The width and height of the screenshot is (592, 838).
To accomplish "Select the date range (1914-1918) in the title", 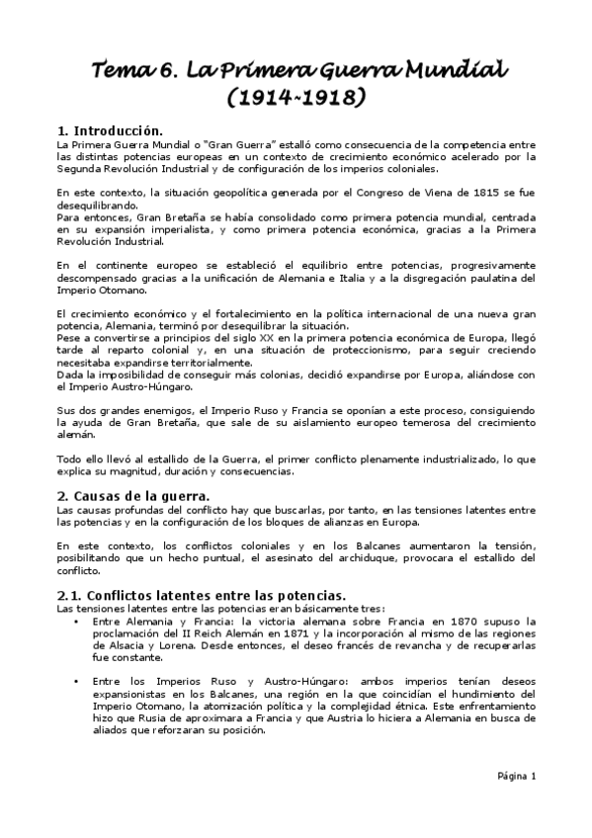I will [x=296, y=99].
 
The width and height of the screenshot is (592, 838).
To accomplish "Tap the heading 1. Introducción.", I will [x=110, y=130].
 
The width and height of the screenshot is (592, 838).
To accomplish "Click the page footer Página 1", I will [x=515, y=776].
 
